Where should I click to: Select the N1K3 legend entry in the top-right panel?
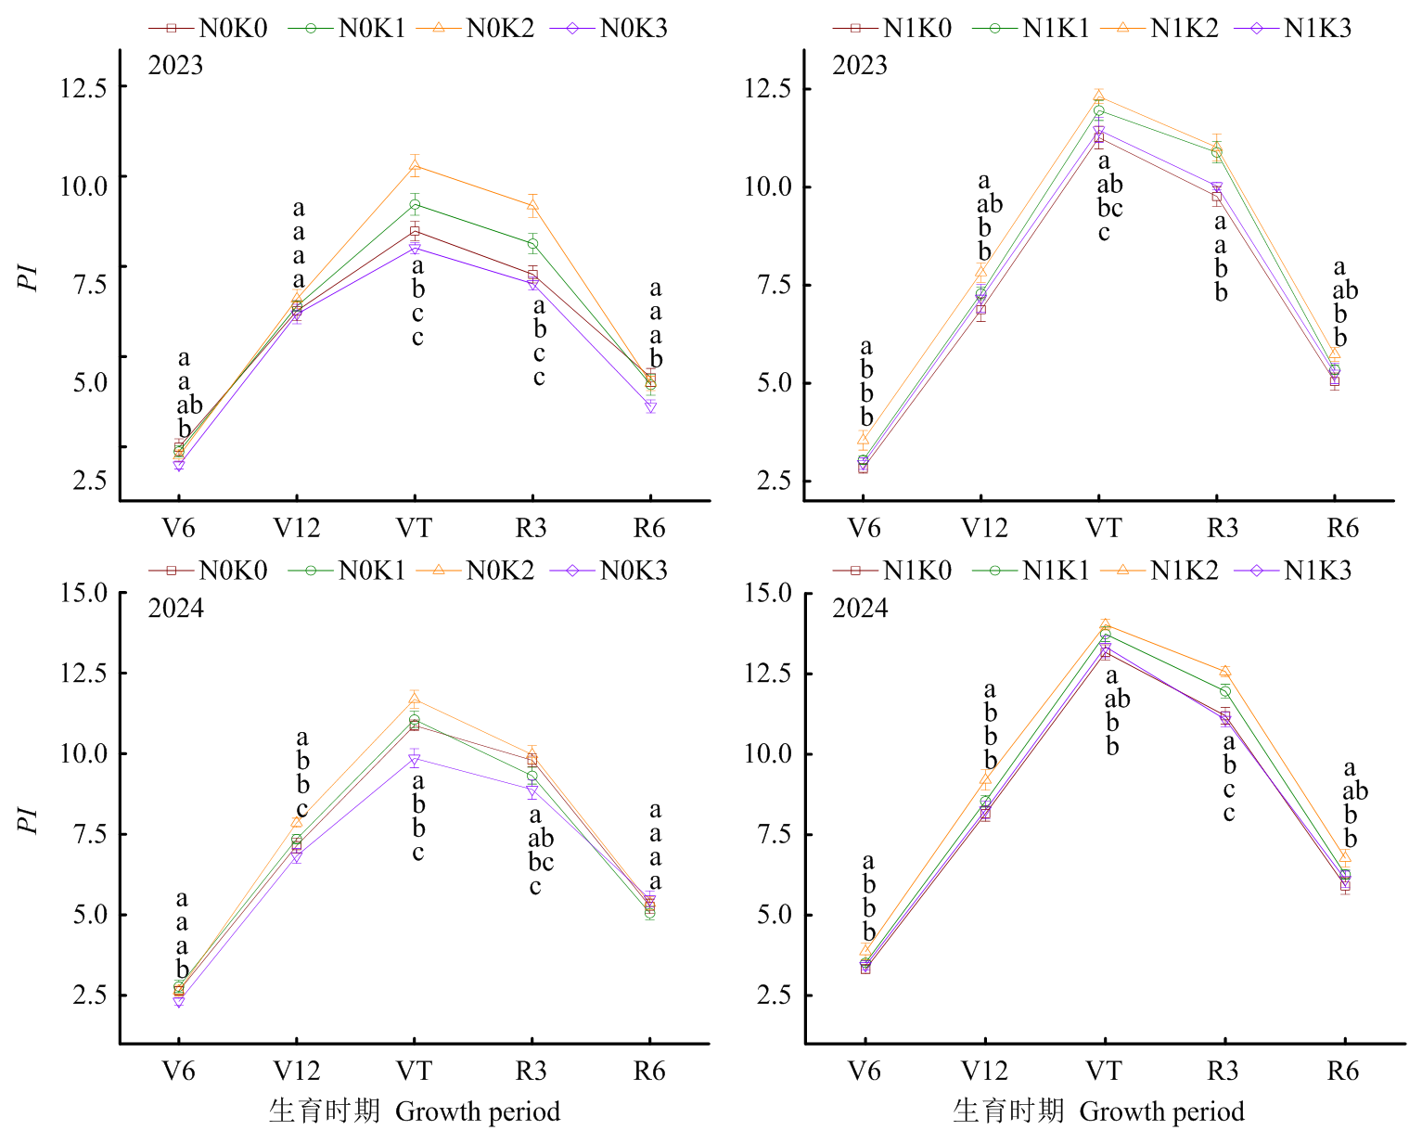(x=1293, y=29)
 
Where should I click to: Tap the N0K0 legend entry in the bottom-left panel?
(x=208, y=571)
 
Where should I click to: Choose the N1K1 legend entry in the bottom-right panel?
(x=1031, y=571)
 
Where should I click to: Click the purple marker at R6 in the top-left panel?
(x=651, y=406)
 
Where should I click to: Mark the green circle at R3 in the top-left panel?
(x=532, y=244)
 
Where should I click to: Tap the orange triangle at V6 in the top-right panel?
(x=863, y=439)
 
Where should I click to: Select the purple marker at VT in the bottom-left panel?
(x=415, y=761)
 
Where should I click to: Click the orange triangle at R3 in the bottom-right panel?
(x=1225, y=671)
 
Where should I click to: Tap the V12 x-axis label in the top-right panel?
(x=984, y=528)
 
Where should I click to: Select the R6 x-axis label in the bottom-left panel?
(x=649, y=1071)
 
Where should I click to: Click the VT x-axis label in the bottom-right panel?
(x=1104, y=1071)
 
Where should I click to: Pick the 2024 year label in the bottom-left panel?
(x=175, y=609)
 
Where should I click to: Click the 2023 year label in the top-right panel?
(x=860, y=66)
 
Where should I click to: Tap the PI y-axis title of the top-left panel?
(x=27, y=277)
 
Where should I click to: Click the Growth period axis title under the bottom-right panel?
(x=1161, y=1112)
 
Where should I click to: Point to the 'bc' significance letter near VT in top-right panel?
(x=1110, y=208)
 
